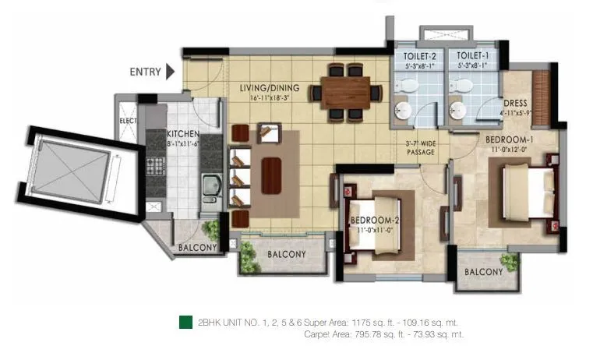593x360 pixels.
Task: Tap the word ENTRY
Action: point(145,72)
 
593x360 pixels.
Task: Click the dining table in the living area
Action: point(346,93)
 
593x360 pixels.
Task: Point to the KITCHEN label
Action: point(184,133)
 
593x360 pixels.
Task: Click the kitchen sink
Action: point(210,187)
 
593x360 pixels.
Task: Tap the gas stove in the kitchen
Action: point(154,167)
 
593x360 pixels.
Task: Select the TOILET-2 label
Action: point(420,56)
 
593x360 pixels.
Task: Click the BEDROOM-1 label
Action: point(509,139)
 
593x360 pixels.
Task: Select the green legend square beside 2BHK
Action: point(185,322)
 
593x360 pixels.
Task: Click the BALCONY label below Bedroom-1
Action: point(483,272)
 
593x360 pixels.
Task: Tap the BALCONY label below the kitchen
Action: point(197,249)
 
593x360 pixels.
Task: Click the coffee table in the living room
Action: point(272,174)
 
